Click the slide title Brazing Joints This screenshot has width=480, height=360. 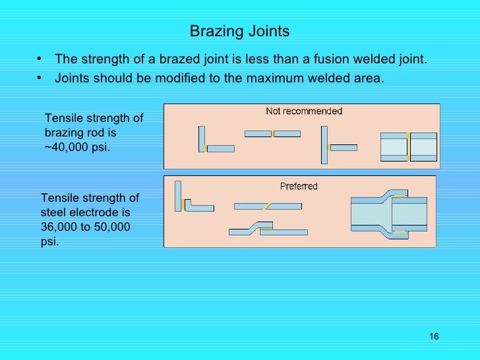click(x=239, y=32)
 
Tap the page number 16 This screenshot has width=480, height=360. click(x=433, y=337)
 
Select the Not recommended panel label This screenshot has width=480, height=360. click(x=304, y=111)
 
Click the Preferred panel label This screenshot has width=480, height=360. click(x=299, y=186)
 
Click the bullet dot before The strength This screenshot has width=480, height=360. click(x=41, y=60)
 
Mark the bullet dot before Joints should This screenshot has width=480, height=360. click(x=41, y=78)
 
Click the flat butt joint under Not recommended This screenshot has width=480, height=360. click(x=272, y=134)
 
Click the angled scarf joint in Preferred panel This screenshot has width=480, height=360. click(x=268, y=206)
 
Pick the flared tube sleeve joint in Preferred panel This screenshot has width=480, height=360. click(x=393, y=215)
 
